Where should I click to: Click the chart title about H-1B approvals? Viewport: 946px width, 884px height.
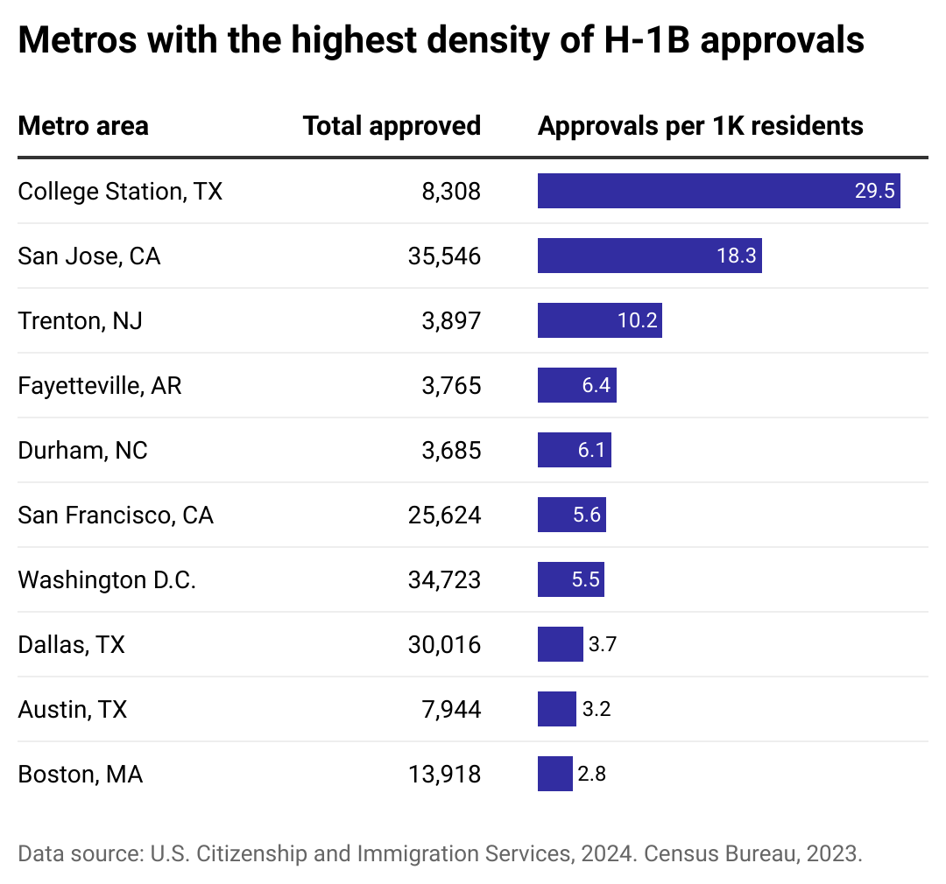tap(441, 41)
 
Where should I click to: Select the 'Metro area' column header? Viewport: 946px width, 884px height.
tap(83, 126)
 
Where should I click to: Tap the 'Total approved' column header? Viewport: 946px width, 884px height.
tap(392, 126)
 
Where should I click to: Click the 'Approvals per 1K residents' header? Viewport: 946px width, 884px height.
tap(700, 126)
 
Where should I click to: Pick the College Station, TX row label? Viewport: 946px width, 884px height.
tap(120, 191)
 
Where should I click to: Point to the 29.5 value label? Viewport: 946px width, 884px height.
tap(874, 191)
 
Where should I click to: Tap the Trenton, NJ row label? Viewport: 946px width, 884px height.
tap(80, 320)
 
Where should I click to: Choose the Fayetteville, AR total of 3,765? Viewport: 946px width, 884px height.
tap(451, 385)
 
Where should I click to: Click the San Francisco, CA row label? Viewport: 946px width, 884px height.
tap(116, 515)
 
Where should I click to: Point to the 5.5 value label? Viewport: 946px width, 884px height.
tap(586, 579)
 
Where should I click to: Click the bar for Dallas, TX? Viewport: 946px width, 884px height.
tap(560, 644)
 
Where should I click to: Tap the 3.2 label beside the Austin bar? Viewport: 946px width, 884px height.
tap(596, 709)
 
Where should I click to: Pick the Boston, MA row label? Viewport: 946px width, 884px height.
tap(80, 774)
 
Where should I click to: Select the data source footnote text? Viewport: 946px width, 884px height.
tap(440, 854)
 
